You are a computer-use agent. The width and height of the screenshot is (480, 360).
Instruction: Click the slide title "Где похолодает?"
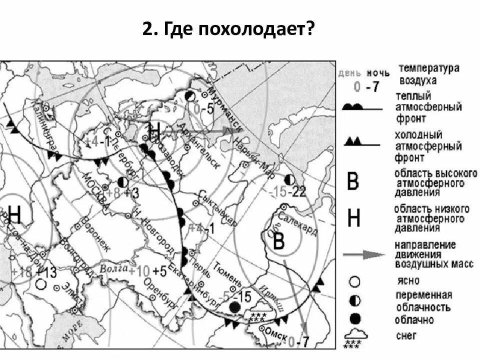229,29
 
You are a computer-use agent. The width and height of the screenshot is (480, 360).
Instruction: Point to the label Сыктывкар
218,208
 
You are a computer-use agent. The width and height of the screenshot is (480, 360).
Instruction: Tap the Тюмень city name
229,272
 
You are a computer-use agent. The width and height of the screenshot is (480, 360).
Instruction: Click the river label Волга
111,268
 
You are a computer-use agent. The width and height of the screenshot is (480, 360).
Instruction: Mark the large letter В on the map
278,242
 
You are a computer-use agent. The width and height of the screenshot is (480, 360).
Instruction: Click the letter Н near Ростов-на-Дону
15,215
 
